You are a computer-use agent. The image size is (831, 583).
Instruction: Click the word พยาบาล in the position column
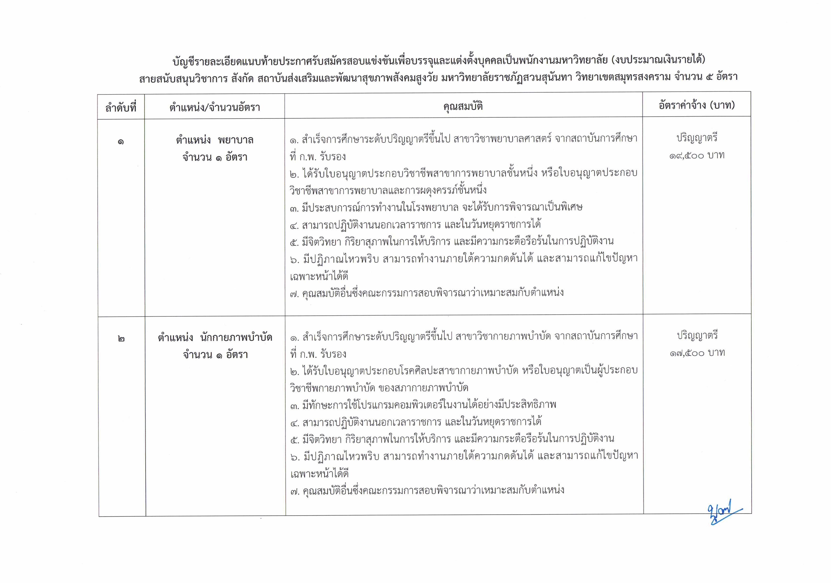coord(236,140)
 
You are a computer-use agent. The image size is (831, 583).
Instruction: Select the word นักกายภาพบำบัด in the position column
coord(236,338)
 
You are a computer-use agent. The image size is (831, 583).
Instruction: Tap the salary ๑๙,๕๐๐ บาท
coord(697,156)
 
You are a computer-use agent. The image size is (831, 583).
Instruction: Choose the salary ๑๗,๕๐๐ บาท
coord(697,353)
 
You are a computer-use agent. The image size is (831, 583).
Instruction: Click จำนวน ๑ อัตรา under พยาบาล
coord(215,158)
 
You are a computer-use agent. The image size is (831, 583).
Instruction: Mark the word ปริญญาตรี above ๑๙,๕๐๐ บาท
coord(697,138)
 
